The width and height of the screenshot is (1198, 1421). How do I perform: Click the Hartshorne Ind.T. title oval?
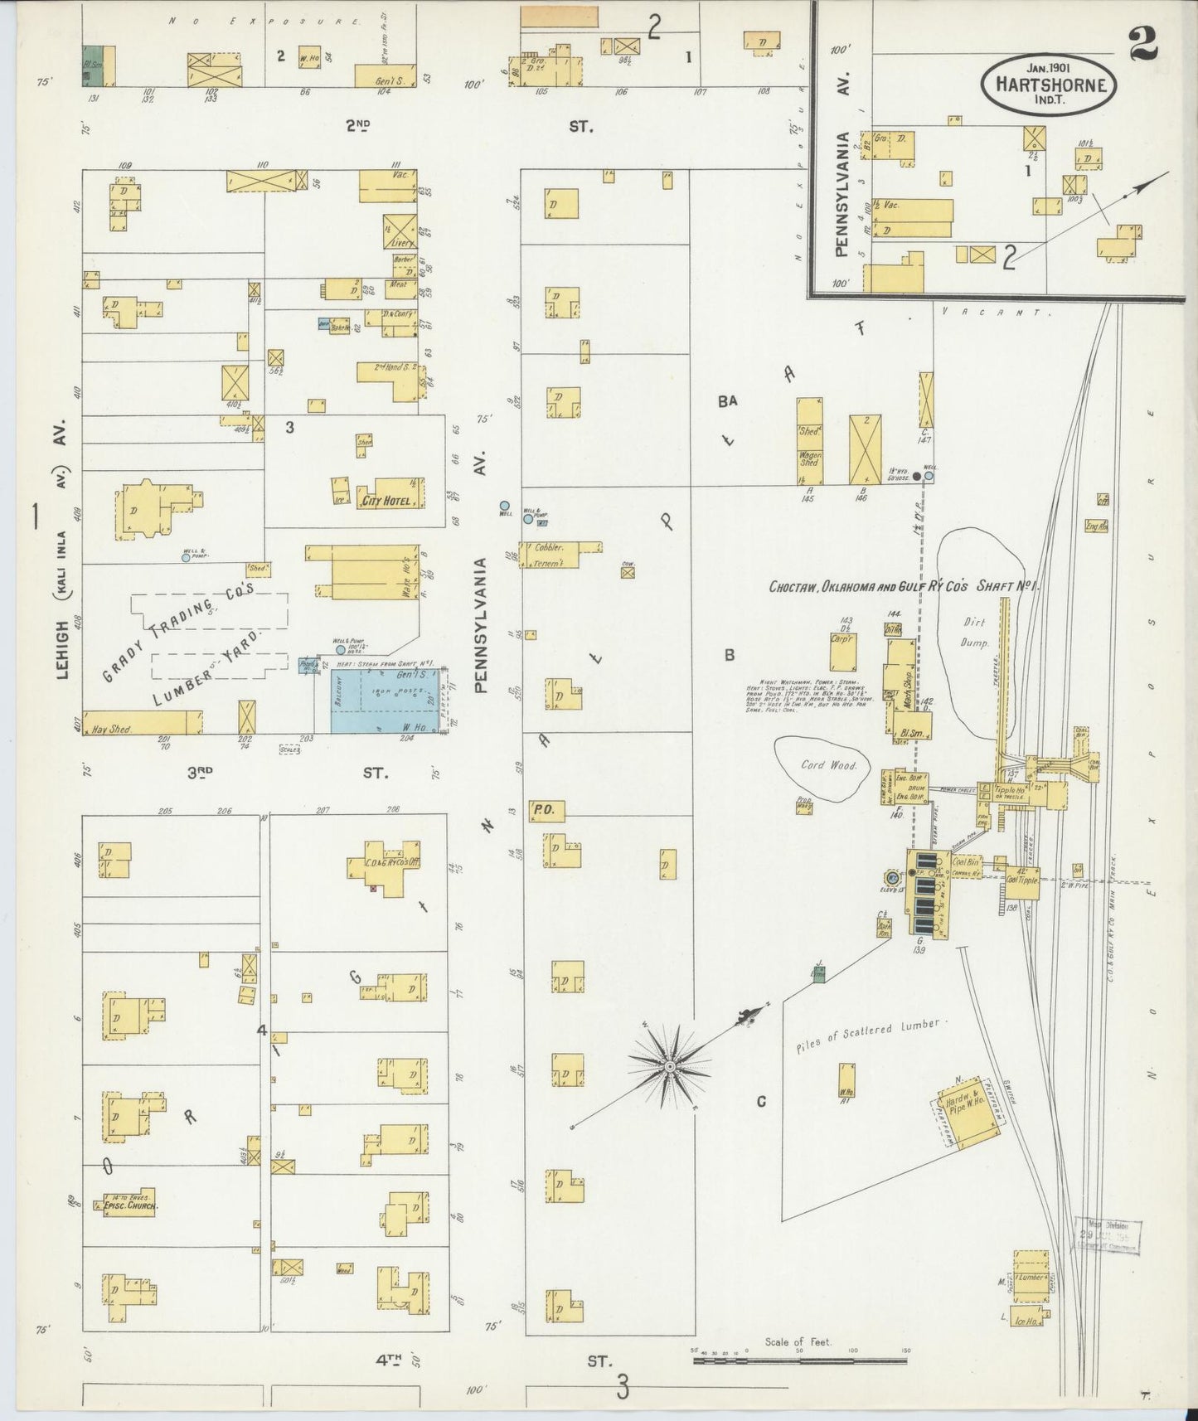[1049, 83]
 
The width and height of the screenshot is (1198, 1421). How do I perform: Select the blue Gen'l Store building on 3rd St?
[385, 699]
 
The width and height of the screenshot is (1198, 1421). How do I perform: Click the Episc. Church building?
[130, 1205]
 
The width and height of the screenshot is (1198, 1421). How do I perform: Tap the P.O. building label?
[543, 809]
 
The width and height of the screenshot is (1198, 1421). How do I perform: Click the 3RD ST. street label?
[286, 773]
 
